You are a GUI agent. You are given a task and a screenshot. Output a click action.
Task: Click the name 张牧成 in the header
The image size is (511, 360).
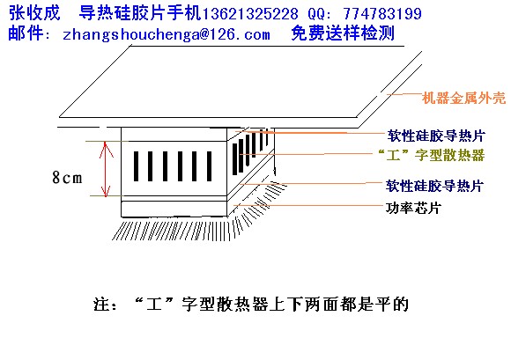tap(34, 13)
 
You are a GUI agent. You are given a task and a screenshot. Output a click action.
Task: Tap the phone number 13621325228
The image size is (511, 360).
tap(250, 14)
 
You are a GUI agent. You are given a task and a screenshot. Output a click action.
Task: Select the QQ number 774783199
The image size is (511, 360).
tap(382, 14)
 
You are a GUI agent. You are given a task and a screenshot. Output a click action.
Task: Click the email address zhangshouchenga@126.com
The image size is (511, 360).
tap(167, 34)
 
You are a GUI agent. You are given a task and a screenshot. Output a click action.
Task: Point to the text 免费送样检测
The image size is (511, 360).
tap(343, 33)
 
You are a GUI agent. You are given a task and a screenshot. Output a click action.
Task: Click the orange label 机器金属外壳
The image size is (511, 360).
tap(463, 98)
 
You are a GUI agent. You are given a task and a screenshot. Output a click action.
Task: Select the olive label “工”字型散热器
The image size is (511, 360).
tap(432, 155)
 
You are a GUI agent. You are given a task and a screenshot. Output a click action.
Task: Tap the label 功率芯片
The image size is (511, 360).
tap(413, 208)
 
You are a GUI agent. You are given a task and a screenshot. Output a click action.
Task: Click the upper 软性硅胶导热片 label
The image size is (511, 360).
tap(436, 136)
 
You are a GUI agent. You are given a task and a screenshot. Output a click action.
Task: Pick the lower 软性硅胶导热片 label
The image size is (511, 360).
tap(434, 186)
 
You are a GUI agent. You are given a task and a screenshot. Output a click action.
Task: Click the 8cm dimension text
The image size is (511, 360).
tap(67, 178)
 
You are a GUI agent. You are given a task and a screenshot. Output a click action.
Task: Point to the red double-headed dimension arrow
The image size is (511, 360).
tap(105, 169)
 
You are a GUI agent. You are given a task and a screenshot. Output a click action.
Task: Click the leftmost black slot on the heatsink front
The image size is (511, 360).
tap(136, 166)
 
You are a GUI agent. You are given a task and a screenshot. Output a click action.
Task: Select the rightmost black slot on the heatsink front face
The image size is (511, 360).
tap(209, 166)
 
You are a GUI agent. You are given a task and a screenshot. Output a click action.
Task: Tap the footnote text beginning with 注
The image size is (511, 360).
tap(251, 304)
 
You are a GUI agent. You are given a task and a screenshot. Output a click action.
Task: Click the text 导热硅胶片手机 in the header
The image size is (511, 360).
tap(140, 13)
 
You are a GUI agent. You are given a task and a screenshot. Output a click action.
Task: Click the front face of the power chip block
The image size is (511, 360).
tap(174, 209)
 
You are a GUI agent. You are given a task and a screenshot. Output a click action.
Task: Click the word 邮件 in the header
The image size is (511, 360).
tap(26, 33)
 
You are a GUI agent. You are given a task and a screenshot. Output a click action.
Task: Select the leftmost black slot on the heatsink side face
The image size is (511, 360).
tap(234, 159)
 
